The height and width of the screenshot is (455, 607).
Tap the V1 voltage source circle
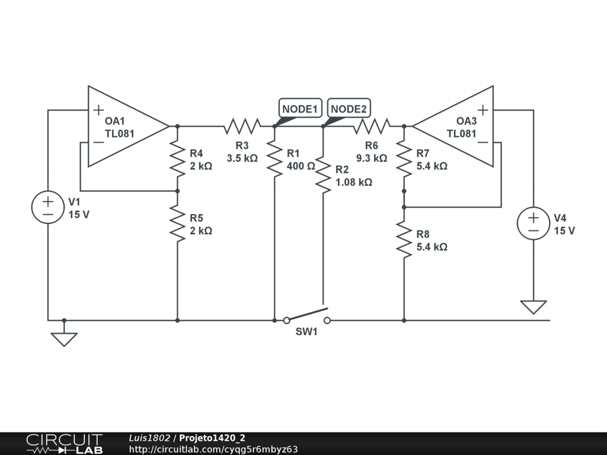tap(48, 207)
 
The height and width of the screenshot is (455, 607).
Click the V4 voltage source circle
tap(533, 223)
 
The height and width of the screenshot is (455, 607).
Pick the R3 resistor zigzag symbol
tap(242, 126)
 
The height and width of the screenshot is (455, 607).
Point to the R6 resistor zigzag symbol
tap(372, 126)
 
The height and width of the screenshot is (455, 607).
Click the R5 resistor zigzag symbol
tap(177, 223)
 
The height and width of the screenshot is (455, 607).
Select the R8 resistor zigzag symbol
tap(404, 239)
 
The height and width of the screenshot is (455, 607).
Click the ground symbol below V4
tap(533, 307)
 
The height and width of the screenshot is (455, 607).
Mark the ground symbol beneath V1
tap(64, 339)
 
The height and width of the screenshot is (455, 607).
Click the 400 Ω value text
tap(301, 166)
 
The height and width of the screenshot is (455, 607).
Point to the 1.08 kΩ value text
tap(354, 182)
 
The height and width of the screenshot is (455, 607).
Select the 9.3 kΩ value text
tap(372, 158)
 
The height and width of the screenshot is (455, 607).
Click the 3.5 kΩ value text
tap(242, 158)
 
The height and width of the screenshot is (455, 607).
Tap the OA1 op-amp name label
tap(115, 121)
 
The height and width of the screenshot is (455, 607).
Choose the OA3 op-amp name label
tap(467, 121)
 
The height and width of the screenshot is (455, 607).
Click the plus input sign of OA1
tap(98, 110)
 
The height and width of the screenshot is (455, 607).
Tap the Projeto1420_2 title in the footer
tap(212, 438)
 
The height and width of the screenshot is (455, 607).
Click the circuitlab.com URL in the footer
tap(213, 449)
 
